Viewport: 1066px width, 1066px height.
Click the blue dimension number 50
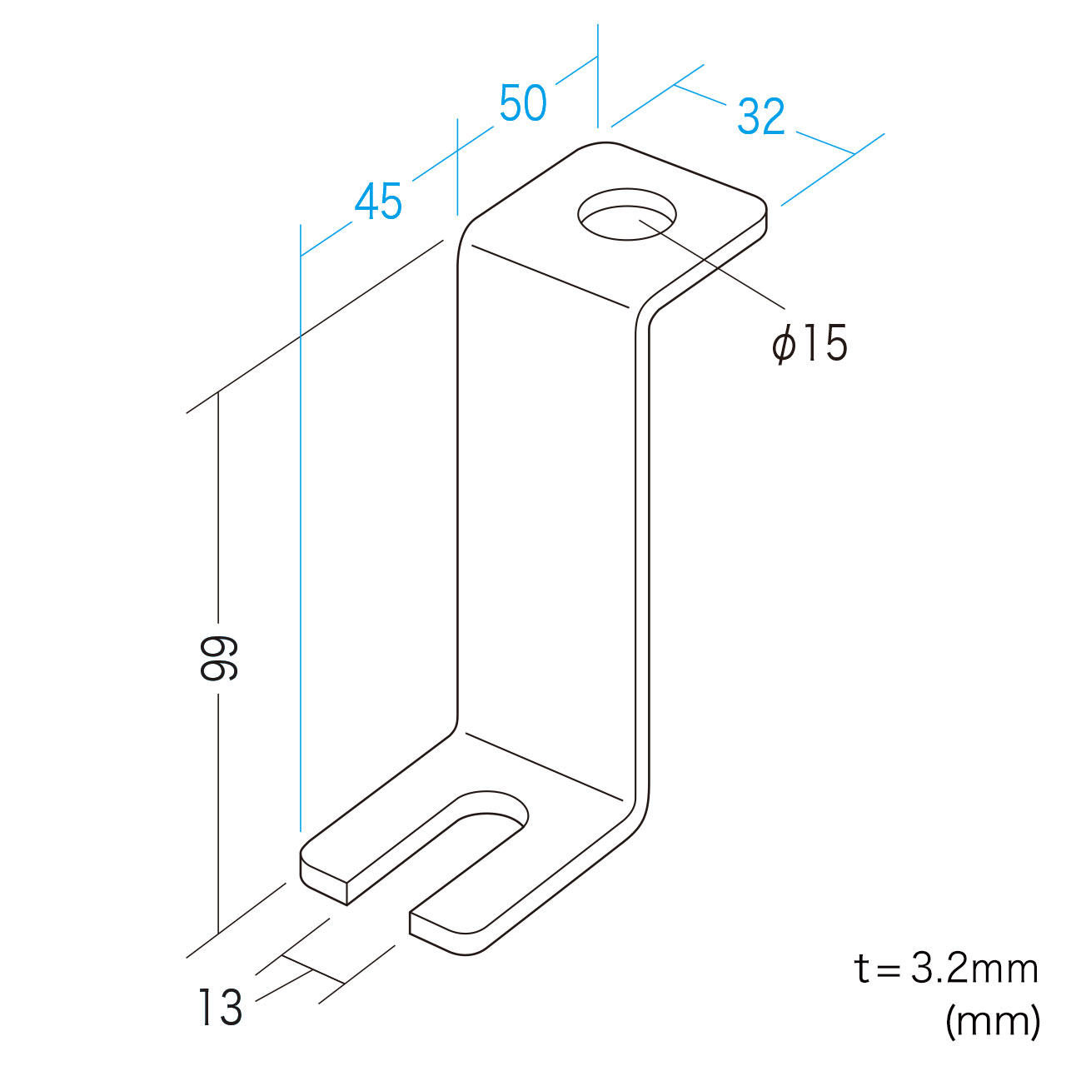523,103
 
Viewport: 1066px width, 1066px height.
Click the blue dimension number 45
378,202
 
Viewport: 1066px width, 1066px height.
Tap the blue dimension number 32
760,117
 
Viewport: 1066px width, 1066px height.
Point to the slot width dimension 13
221,1007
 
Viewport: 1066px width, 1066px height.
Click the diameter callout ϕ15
809,343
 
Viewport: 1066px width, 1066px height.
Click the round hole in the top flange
626,214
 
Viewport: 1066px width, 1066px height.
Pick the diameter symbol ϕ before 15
784,345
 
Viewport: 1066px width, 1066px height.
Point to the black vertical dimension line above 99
218,507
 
